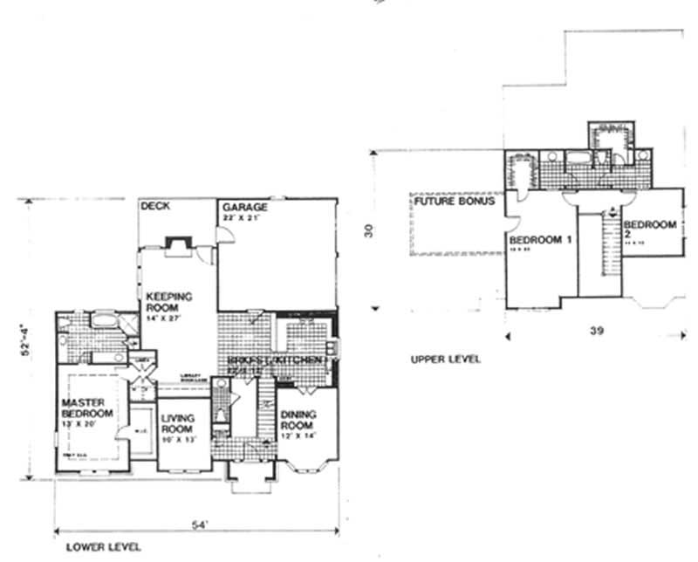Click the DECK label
154,207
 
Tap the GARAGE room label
244,208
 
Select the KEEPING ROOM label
168,302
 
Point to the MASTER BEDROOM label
87,408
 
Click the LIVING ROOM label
178,423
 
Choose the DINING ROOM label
298,420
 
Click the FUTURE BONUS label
455,202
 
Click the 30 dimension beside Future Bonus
369,232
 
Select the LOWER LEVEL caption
104,547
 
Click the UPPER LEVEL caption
445,359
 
